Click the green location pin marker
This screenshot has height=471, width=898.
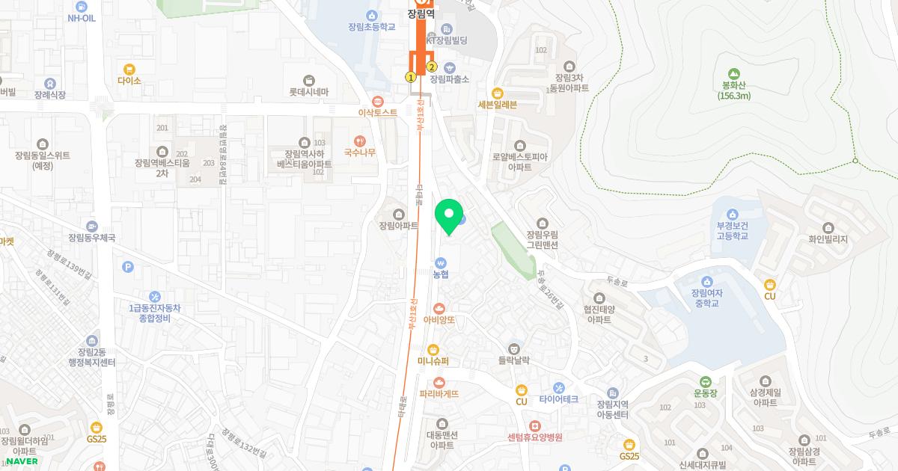pos(449,216)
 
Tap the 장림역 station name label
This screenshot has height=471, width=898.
pos(420,13)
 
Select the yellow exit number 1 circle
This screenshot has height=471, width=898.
pos(410,77)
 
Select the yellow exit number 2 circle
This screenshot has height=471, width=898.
pos(432,67)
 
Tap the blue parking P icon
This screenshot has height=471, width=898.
pos(128,266)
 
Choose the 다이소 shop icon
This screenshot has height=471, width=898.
pos(129,69)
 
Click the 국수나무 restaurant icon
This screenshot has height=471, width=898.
pos(360,140)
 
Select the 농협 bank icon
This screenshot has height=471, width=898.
pos(441,262)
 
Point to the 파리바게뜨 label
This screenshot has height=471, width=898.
pos(439,393)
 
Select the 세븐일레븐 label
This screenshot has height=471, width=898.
pos(497,105)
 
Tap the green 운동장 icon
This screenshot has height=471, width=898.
pos(706,381)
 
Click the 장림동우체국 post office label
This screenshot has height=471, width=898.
pos(91,238)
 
